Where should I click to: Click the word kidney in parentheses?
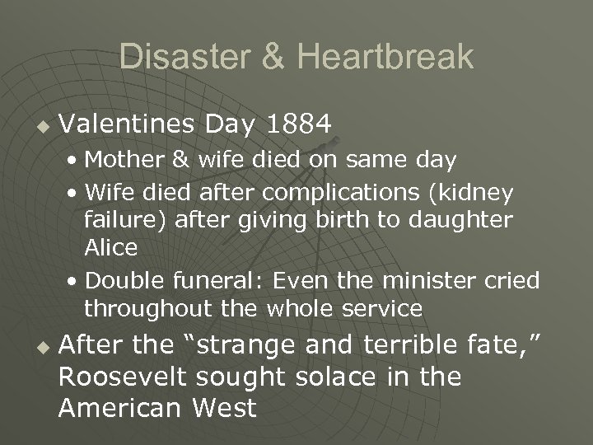point(482,192)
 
